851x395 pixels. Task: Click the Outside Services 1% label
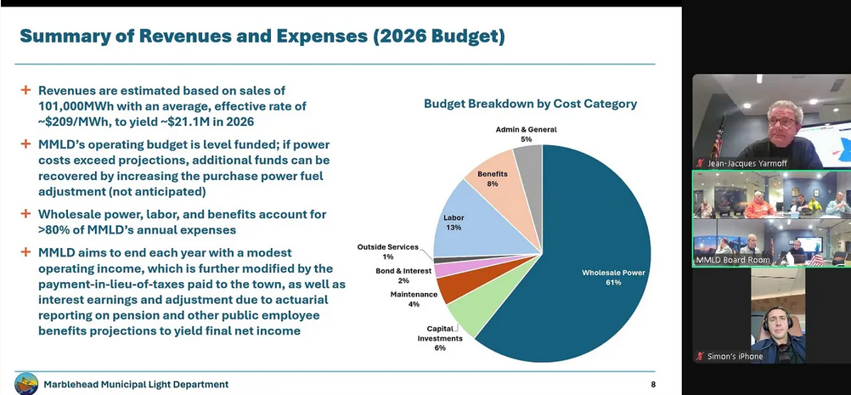388,251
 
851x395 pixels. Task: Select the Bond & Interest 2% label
404,275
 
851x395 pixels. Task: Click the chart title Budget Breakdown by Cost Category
530,104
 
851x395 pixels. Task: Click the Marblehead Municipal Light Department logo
25,384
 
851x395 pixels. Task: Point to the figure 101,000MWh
82,106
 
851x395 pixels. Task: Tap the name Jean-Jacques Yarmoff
763,160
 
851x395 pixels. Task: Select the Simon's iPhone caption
735,356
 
